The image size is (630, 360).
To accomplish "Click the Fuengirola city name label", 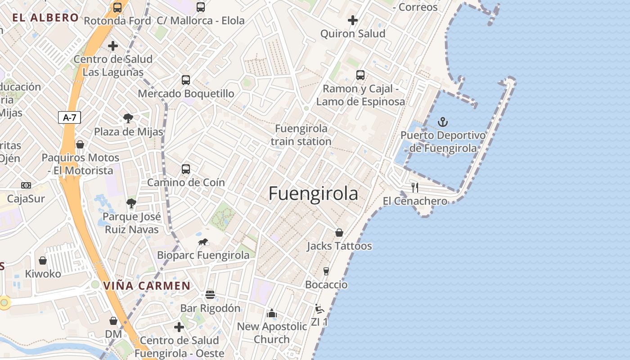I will point(313,193).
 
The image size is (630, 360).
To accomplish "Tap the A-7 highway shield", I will point(70,118).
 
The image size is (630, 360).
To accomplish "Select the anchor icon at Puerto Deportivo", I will point(443,122).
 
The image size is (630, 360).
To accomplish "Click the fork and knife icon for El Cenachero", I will point(415,188).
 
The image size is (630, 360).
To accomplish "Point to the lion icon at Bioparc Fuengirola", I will point(203,242).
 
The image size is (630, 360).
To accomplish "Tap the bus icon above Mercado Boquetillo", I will point(186,80).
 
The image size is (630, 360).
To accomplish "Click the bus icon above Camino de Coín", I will point(186,169).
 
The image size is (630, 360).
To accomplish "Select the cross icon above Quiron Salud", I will point(353,20).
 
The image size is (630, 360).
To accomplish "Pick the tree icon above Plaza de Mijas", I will point(128,119).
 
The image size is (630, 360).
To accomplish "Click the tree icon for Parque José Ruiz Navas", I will point(131,203).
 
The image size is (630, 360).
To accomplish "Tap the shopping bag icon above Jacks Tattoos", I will point(339,233).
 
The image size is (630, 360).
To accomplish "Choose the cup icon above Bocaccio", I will point(326,271).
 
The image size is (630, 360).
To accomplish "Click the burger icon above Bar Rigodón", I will point(210,295).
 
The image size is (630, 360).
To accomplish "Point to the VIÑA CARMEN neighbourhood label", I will point(147,286).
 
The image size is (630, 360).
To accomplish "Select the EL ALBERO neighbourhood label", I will point(45,18).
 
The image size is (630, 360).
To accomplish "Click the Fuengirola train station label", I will point(301,135).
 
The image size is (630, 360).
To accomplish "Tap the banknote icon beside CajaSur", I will point(26,185).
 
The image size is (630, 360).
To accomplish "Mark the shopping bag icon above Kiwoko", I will point(43,261).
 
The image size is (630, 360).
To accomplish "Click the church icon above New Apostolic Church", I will point(272,313).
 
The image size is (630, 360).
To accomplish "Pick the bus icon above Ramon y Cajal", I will point(360,75).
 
